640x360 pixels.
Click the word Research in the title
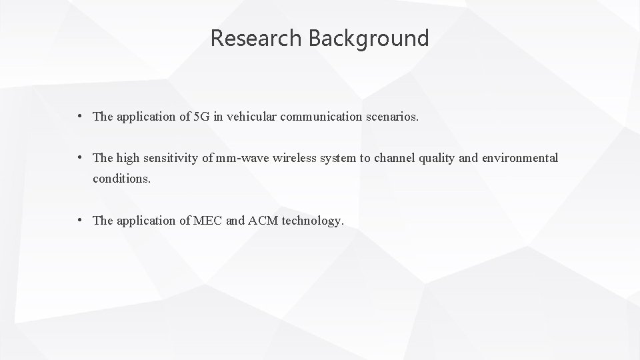(257, 39)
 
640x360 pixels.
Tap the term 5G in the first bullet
(200, 117)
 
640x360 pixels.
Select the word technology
(313, 221)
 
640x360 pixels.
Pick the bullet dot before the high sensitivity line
(79, 158)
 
